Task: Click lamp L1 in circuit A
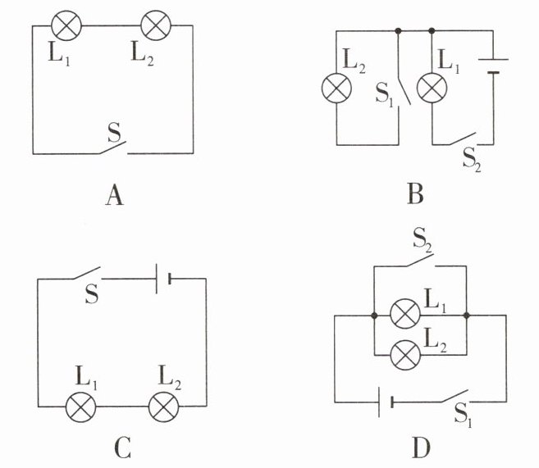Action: [x=66, y=25]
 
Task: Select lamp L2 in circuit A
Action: [x=156, y=25]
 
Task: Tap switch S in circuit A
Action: [x=113, y=148]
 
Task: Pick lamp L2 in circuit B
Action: [x=336, y=88]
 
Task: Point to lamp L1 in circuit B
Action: [x=432, y=88]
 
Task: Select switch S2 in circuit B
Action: [x=464, y=139]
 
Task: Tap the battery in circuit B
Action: [x=493, y=66]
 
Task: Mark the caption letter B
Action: [x=415, y=194]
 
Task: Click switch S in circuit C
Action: [x=87, y=273]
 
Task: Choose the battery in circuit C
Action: [x=163, y=279]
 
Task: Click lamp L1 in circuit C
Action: [x=80, y=407]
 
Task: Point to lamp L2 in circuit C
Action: [x=163, y=407]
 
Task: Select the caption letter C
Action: [x=122, y=448]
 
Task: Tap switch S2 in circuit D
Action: [x=420, y=260]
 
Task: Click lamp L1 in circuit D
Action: [x=405, y=314]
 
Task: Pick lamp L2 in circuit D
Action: [x=405, y=355]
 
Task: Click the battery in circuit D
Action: [x=386, y=402]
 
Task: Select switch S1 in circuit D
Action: [x=454, y=396]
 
